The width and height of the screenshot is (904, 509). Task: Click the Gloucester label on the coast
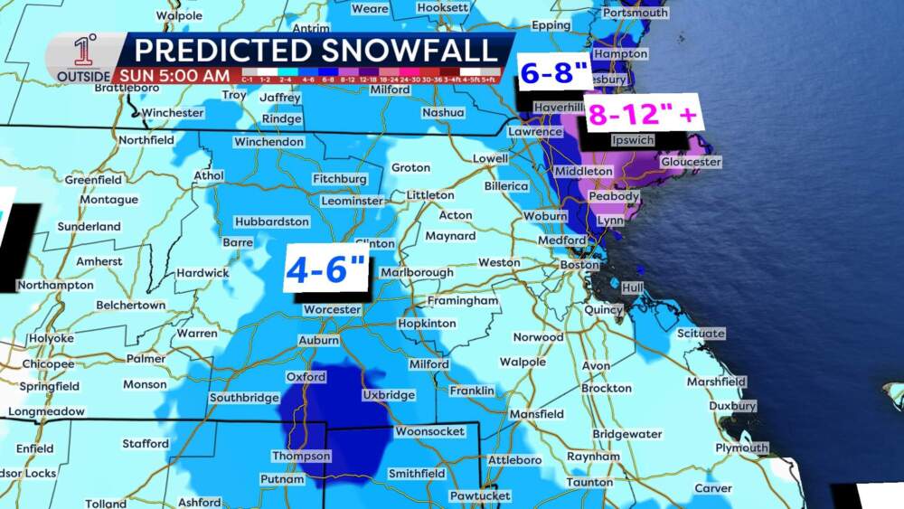pyautogui.click(x=691, y=162)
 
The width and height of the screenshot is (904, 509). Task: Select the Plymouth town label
pyautogui.click(x=741, y=448)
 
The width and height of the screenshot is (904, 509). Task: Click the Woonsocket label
pyautogui.click(x=429, y=431)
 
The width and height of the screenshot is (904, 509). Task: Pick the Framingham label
pyautogui.click(x=464, y=300)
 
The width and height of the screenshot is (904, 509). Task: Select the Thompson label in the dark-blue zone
pyautogui.click(x=301, y=456)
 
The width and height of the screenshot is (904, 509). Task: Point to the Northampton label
pyautogui.click(x=54, y=285)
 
